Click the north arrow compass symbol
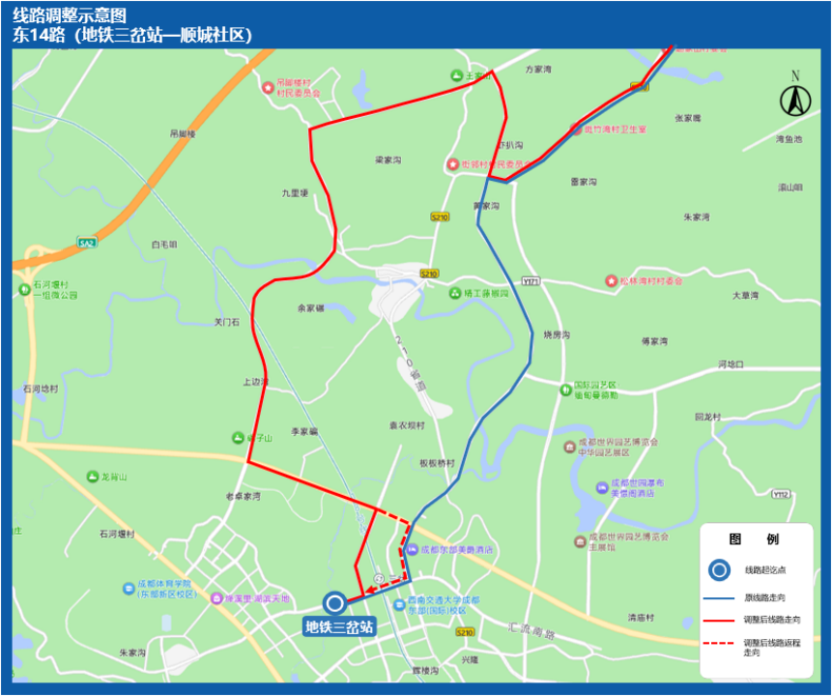(795, 98)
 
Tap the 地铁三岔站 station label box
(339, 626)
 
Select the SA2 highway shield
(87, 243)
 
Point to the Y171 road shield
(531, 280)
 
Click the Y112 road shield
(781, 494)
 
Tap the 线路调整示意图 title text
(70, 15)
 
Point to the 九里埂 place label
(294, 192)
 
